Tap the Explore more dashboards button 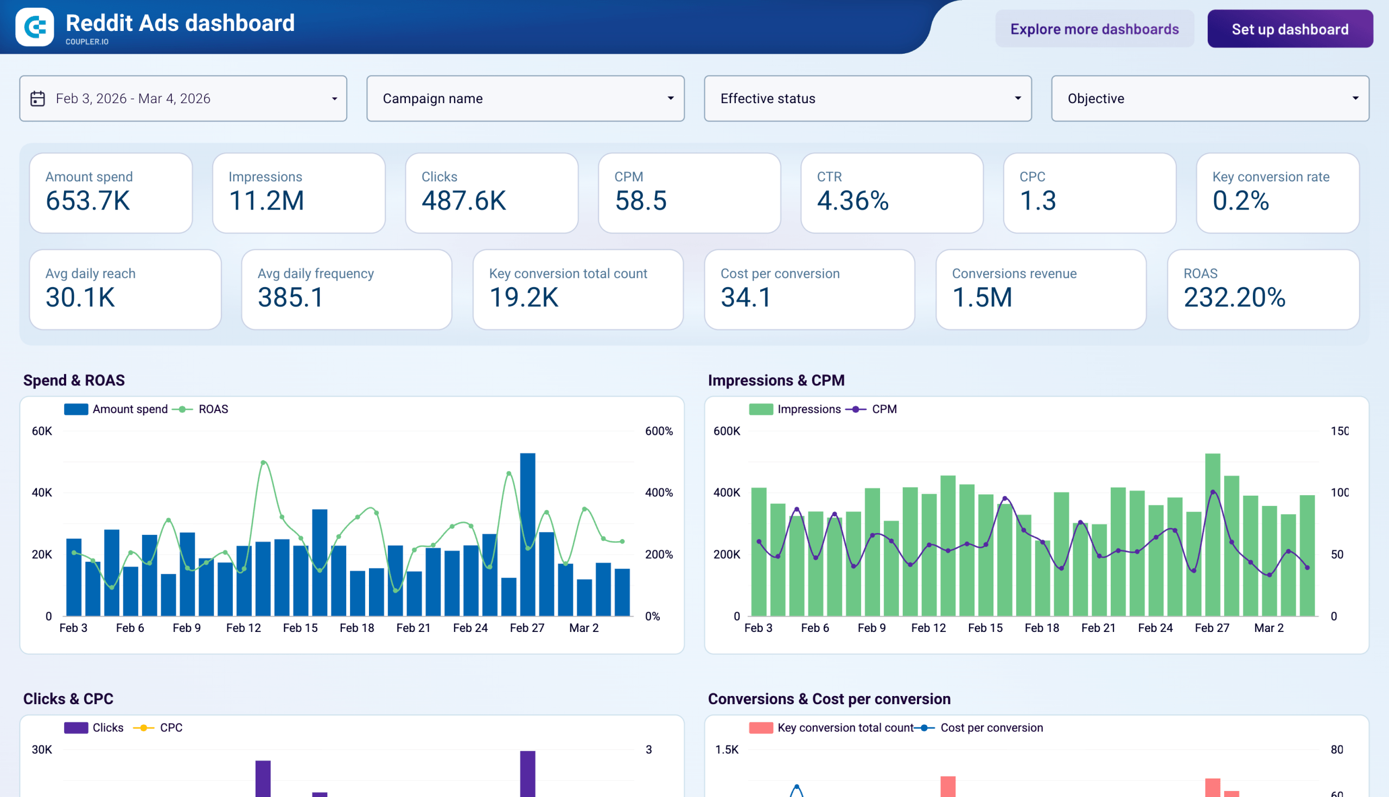1094,29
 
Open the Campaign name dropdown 525,98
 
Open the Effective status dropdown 867,98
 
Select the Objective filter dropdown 1209,98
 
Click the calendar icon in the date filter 37,98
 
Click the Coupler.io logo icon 35,27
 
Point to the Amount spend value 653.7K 87,201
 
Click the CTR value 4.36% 852,201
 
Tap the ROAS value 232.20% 1234,298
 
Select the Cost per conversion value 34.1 746,298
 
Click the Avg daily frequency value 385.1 290,298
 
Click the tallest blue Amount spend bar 527,534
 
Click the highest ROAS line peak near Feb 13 264,463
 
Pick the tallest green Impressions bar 1212,534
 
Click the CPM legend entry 883,409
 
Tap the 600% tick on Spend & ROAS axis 659,431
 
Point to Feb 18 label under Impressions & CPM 1042,628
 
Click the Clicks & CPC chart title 68,699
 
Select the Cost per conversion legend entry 991,728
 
